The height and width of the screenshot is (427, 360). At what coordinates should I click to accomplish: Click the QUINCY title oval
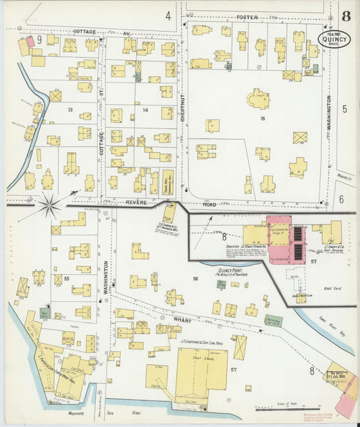pyautogui.click(x=334, y=39)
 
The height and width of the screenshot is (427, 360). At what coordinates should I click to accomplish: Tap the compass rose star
pyautogui.click(x=49, y=205)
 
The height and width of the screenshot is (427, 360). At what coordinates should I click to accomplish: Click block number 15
pyautogui.click(x=263, y=119)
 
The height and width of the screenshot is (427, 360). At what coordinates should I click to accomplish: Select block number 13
pyautogui.click(x=70, y=108)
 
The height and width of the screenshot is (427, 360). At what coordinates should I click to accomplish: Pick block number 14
pyautogui.click(x=145, y=109)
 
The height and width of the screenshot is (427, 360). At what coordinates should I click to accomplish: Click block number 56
pyautogui.click(x=196, y=279)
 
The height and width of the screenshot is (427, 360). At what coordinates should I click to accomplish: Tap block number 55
pyautogui.click(x=66, y=278)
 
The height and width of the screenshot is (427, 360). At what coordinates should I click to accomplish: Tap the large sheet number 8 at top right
pyautogui.click(x=345, y=16)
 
